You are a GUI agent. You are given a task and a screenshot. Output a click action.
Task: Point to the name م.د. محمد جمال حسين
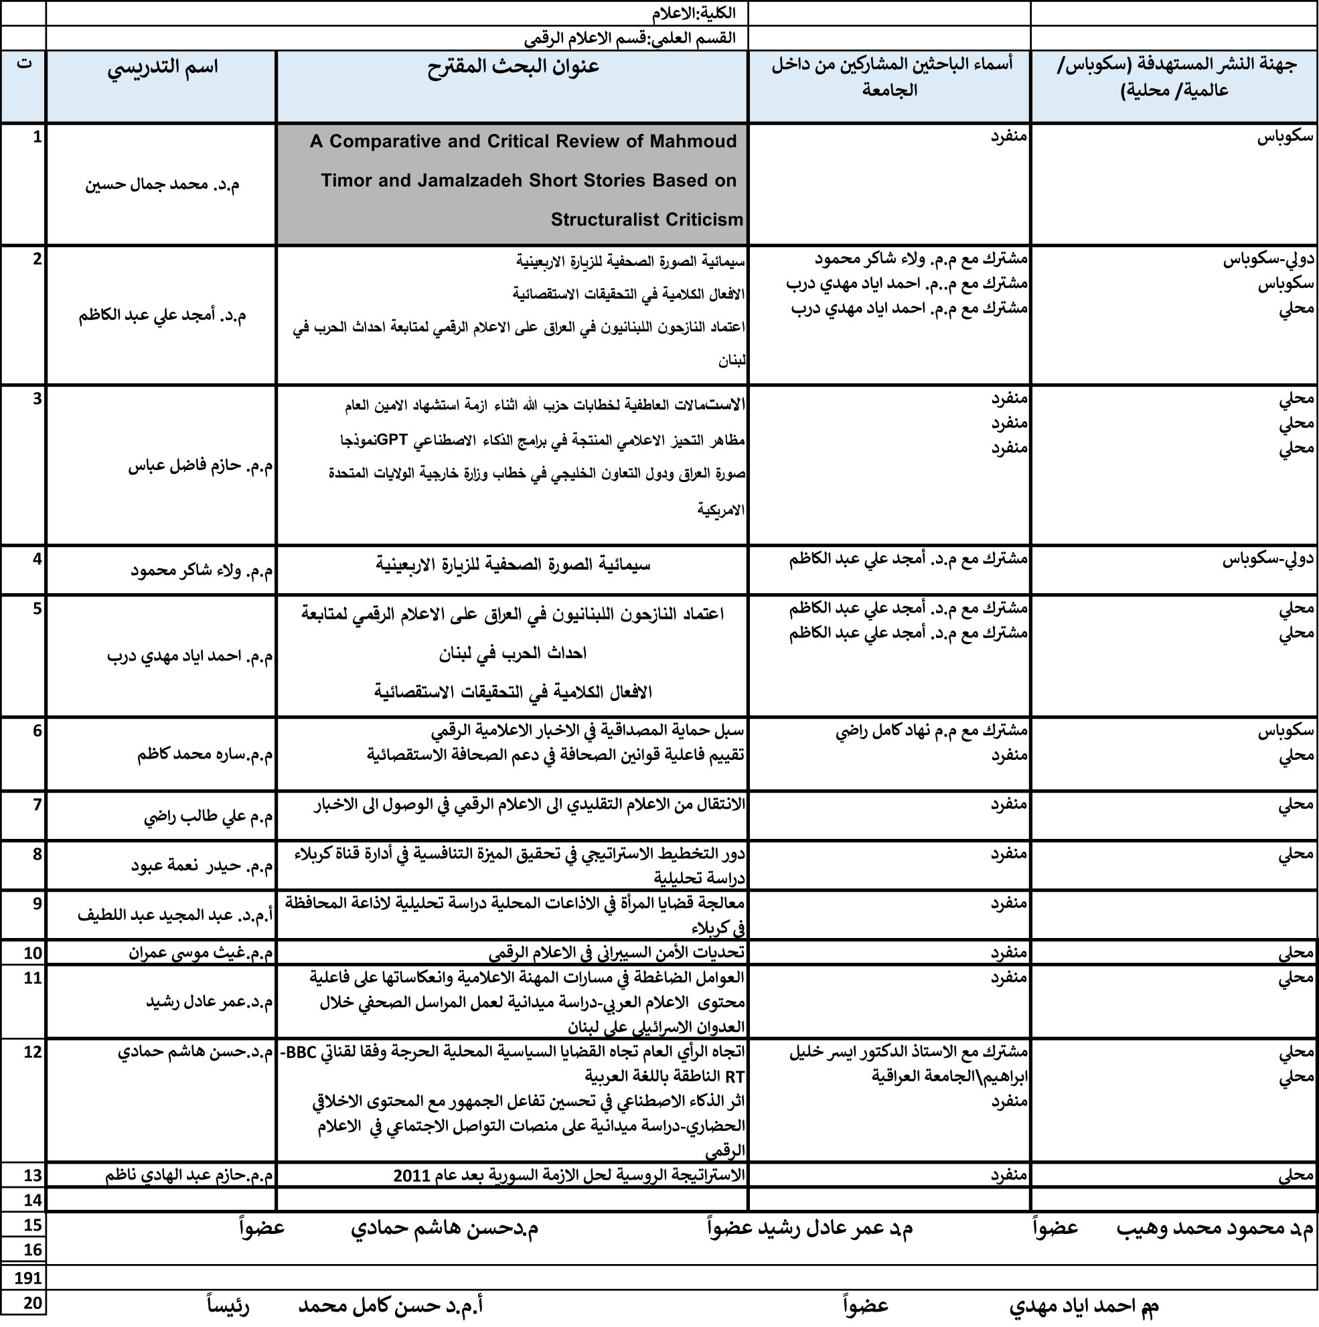pos(162,185)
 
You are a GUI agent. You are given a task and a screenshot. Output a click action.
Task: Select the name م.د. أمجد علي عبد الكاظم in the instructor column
pos(162,316)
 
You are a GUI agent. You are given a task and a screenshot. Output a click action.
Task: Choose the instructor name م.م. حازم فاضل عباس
pos(200,467)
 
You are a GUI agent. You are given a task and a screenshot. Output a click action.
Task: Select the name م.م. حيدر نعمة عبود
pos(202,866)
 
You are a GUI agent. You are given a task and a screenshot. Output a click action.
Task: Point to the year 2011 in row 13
pos(412,1175)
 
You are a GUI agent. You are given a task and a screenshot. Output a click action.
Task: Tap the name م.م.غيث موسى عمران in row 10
pos(201,953)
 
